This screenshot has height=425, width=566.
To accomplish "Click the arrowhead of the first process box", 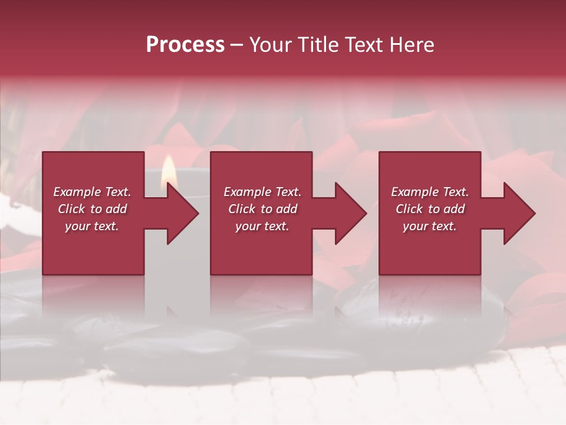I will tap(182, 213).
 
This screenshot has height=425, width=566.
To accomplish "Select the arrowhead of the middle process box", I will tap(350, 213).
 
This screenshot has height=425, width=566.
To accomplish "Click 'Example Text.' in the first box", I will tap(92, 192).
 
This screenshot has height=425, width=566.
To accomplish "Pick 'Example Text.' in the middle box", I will tap(262, 192).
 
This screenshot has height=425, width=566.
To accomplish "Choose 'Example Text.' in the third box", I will tap(430, 192).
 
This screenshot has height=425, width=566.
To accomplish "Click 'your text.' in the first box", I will tap(92, 226).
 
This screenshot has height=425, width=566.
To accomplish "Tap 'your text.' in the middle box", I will tap(262, 226).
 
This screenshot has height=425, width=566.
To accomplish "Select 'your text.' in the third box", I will tap(430, 226).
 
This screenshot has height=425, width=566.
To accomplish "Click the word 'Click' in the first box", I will tap(71, 209).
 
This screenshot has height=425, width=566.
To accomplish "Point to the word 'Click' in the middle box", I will tap(242, 209).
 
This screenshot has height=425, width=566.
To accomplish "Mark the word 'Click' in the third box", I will tap(409, 209).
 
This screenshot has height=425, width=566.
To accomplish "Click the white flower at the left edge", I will tap(7, 212).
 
